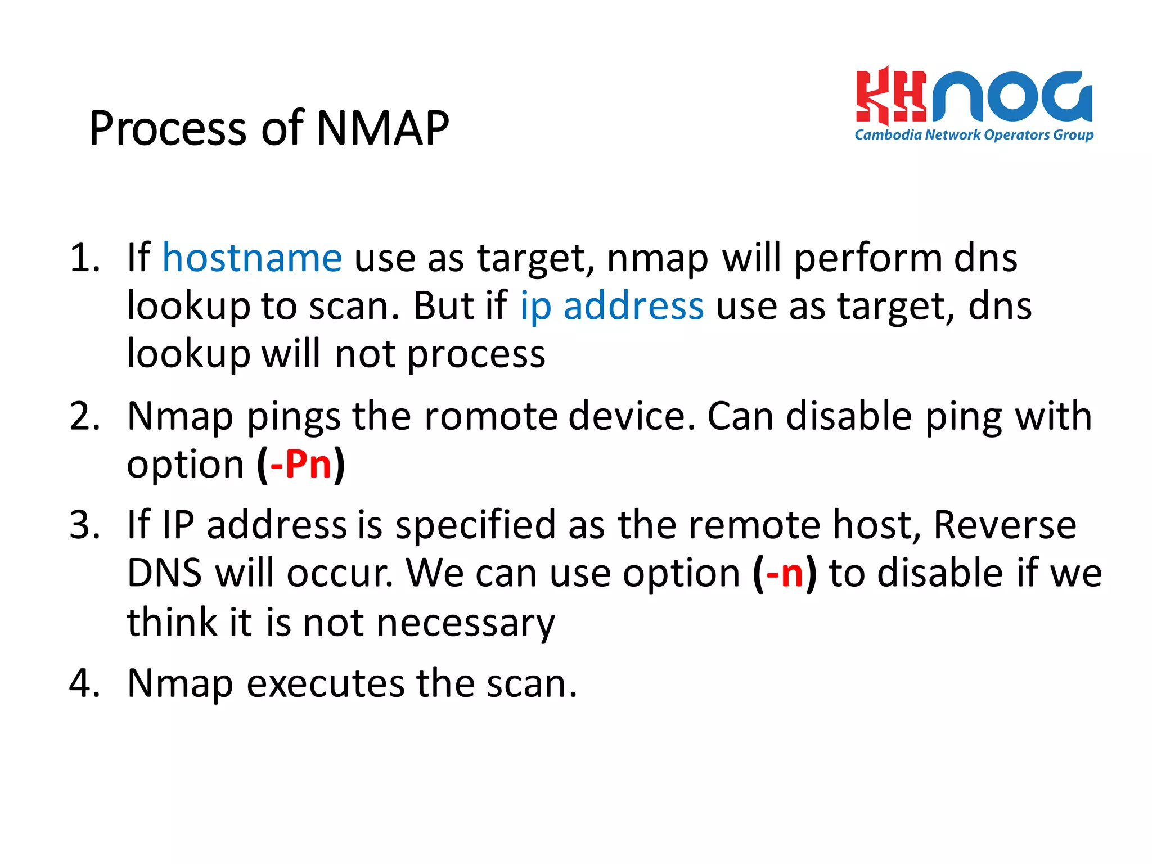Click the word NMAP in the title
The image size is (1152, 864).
[382, 128]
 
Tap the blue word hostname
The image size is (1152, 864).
[252, 258]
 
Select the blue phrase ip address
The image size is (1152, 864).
[611, 307]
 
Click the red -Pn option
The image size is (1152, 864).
[301, 465]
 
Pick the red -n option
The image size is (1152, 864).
[785, 574]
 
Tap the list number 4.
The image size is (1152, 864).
[84, 684]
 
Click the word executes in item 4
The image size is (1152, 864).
[326, 684]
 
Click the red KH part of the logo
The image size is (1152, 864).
[890, 96]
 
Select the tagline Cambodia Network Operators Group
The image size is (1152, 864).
[974, 135]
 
